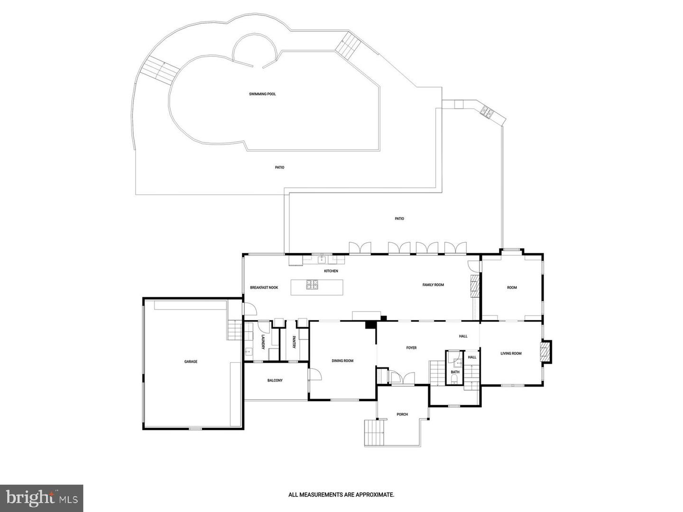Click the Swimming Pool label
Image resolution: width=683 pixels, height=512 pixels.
coord(262,94)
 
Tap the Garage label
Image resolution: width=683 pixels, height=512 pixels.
coord(191,362)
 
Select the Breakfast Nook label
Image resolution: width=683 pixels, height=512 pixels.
coord(264,288)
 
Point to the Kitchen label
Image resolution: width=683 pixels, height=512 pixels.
coord(331,271)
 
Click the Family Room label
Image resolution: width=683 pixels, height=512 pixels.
coord(433,285)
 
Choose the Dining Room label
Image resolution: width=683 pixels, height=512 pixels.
coord(342,361)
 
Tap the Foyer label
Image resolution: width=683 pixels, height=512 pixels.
coord(411,348)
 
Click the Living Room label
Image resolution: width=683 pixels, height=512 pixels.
coord(511,353)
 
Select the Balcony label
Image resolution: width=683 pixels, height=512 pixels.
coord(275,380)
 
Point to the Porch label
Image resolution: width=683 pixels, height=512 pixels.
coord(402,414)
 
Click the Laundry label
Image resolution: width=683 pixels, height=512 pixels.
coord(263,342)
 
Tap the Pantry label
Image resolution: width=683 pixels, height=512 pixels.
coord(294,342)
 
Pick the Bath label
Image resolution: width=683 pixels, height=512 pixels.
coord(455,372)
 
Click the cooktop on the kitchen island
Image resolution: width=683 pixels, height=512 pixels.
coord(312,284)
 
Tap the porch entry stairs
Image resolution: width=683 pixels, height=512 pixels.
coord(374,432)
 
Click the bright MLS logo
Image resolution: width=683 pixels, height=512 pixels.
coord(42,498)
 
